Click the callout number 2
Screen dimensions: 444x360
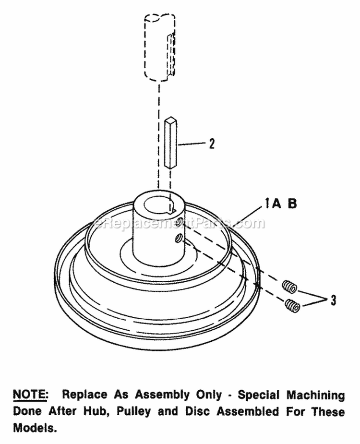[x=212, y=143]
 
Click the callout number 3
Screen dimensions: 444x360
[x=333, y=300]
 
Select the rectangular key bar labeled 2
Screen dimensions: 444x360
[x=172, y=142]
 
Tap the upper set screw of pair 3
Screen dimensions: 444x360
[x=289, y=287]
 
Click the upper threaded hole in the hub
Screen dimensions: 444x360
[x=179, y=222]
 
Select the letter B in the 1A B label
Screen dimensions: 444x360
[x=292, y=204]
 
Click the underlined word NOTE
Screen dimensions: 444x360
[x=30, y=395]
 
